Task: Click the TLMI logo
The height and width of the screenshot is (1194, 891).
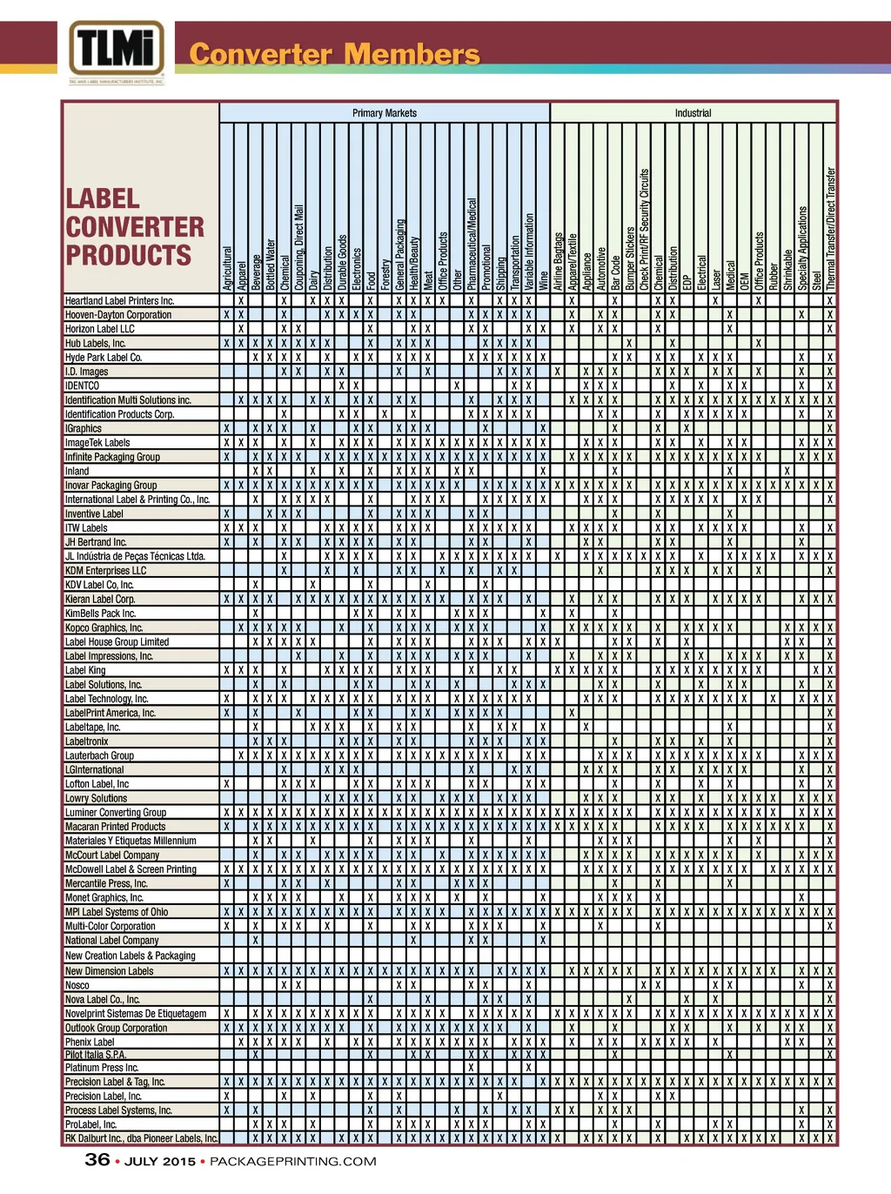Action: click(x=117, y=50)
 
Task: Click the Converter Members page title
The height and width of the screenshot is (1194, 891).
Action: click(x=334, y=55)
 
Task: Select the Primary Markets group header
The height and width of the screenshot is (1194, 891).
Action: click(x=384, y=113)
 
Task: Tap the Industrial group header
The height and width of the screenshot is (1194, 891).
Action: click(x=693, y=113)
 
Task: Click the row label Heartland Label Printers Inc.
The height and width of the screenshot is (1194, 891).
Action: click(x=119, y=301)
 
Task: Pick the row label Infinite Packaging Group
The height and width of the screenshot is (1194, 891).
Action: click(x=112, y=457)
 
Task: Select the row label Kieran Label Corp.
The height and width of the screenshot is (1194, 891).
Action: click(x=100, y=600)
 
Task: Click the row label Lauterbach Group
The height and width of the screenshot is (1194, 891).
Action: click(x=99, y=756)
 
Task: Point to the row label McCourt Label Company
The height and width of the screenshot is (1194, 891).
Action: click(x=112, y=855)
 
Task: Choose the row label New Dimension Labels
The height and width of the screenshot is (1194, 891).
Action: click(x=109, y=971)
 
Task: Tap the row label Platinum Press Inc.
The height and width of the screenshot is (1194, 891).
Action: click(x=102, y=1068)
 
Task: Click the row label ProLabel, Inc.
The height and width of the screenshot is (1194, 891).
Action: click(x=90, y=1124)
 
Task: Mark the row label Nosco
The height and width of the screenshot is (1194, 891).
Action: click(x=77, y=985)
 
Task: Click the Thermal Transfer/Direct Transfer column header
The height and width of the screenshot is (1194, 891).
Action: click(x=830, y=229)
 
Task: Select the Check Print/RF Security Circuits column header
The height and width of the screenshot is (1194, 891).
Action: click(x=645, y=230)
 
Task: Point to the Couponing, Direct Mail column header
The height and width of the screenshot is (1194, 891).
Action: click(x=299, y=248)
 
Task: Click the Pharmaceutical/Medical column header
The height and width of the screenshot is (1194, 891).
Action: click(x=471, y=245)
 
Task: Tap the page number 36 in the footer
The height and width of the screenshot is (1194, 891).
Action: click(x=97, y=1160)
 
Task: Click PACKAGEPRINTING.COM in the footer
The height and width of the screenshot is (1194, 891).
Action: click(x=293, y=1162)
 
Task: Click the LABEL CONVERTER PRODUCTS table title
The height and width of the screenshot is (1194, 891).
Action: click(x=135, y=227)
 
